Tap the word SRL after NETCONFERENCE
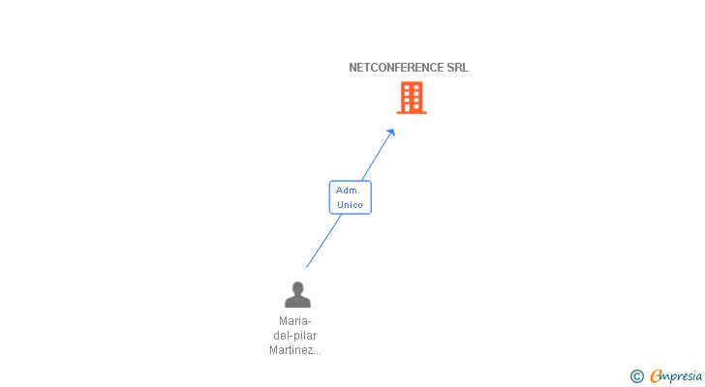[458, 68]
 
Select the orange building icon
[412, 98]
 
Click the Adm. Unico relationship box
[350, 197]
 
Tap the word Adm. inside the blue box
[349, 191]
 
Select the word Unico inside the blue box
[350, 205]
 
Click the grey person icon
[297, 294]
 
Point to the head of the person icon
[297, 287]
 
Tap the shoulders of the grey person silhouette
[297, 302]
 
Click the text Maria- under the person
[295, 321]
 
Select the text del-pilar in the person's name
[295, 336]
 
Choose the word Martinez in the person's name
[291, 350]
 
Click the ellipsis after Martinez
[317, 351]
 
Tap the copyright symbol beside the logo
[636, 376]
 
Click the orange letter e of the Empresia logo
[656, 376]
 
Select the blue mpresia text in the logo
[683, 376]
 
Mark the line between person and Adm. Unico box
[323, 241]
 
